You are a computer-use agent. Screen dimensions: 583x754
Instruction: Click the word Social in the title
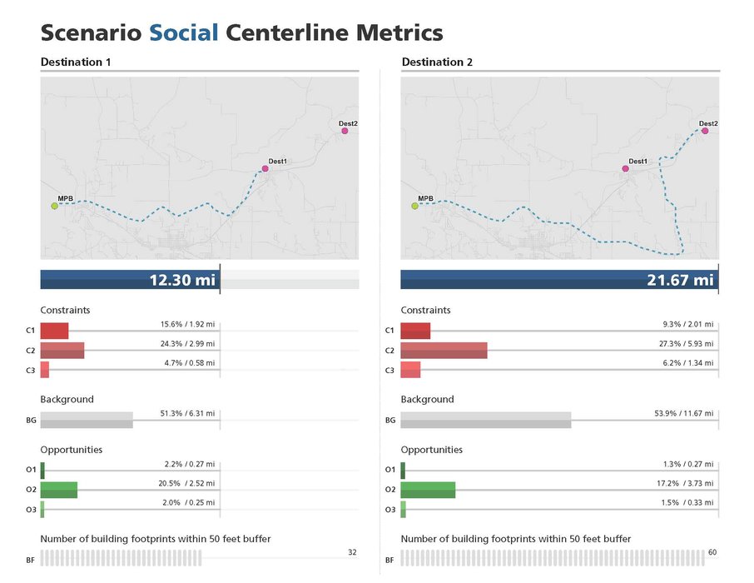[x=184, y=33]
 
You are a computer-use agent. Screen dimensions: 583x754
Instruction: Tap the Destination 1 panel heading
[x=76, y=62]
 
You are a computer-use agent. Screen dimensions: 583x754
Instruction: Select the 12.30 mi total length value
[x=181, y=280]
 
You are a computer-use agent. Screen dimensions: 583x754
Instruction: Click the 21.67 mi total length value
[x=680, y=280]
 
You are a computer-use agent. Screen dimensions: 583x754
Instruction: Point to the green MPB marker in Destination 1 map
[x=55, y=206]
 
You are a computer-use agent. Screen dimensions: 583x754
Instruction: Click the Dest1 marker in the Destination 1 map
[x=265, y=168]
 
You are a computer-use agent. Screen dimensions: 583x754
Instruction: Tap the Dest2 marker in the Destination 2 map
[x=705, y=131]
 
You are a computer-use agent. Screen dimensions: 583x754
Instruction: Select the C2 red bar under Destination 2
[x=444, y=351]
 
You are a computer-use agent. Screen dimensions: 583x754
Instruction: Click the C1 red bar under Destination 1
[x=54, y=331]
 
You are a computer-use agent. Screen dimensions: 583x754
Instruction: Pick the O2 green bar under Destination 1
[x=59, y=490]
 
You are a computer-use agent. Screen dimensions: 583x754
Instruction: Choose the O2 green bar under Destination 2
[x=428, y=490]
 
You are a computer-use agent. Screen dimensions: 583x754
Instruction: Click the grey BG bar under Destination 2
[x=486, y=420]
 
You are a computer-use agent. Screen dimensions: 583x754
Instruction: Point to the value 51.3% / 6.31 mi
[x=187, y=413]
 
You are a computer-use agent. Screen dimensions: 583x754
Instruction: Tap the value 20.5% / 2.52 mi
[x=187, y=483]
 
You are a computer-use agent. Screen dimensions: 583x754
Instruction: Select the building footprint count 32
[x=352, y=552]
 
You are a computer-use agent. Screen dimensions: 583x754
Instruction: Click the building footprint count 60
[x=712, y=552]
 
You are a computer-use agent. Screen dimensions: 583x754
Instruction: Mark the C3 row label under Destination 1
[x=31, y=371]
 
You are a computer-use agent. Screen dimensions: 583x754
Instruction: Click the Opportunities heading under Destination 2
[x=432, y=450]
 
